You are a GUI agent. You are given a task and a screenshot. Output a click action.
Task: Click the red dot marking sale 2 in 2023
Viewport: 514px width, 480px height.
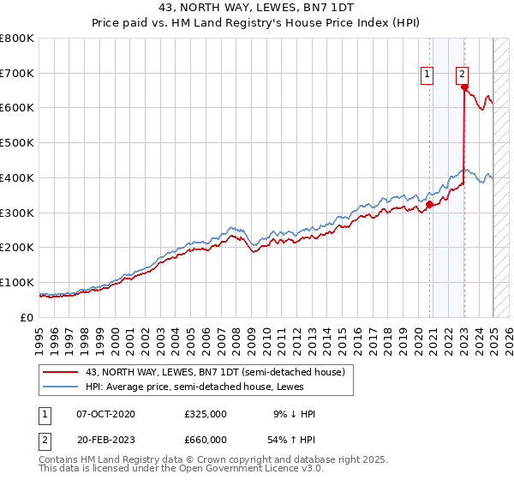point(464,87)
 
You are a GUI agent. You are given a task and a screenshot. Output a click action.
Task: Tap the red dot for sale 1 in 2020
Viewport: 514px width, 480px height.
point(429,204)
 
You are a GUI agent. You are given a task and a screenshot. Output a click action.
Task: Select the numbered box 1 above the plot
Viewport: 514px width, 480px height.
point(426,75)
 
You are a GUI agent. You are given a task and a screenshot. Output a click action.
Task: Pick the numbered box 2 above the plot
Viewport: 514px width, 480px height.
point(462,75)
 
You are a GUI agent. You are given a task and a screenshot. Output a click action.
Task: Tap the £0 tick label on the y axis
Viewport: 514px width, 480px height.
point(27,317)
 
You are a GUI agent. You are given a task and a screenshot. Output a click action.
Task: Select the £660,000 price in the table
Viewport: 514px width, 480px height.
point(205,440)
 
